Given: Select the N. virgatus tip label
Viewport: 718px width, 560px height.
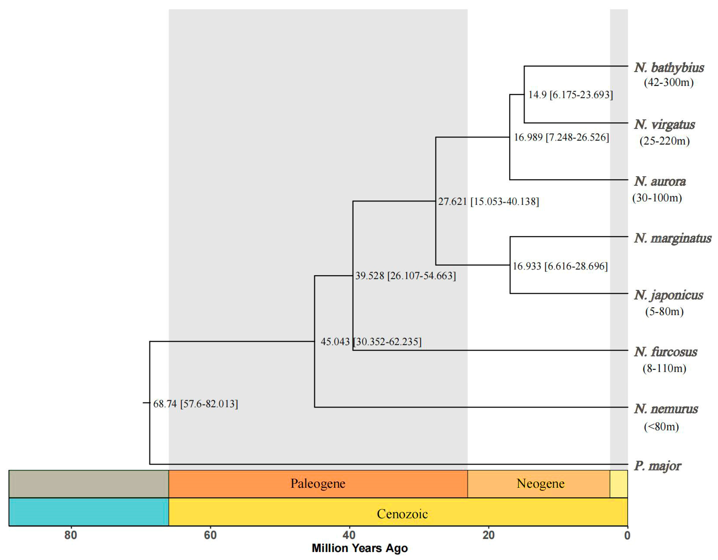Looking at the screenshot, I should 664,124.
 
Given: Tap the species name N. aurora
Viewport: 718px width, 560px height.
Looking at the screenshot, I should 660,181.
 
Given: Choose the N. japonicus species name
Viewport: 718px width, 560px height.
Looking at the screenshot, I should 668,295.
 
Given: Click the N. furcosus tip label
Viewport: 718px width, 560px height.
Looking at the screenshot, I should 665,352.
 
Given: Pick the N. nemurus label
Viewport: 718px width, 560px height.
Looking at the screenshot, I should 666,409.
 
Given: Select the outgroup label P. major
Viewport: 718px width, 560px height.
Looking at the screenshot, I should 657,466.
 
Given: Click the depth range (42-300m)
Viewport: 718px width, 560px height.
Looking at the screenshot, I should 668,82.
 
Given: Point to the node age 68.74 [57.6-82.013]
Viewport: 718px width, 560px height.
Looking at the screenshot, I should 196,404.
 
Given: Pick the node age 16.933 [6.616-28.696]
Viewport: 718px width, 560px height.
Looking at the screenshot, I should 560,266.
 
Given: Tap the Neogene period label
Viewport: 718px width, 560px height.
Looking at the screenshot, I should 540,483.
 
